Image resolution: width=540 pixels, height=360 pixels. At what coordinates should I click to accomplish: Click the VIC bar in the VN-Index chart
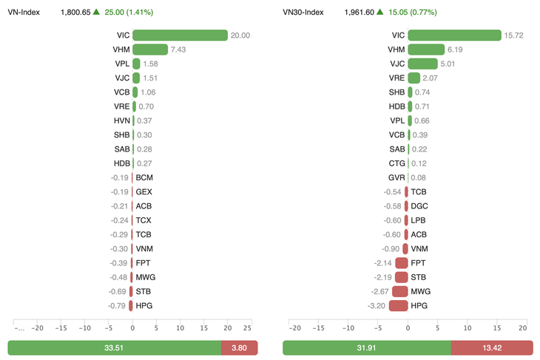point(180,35)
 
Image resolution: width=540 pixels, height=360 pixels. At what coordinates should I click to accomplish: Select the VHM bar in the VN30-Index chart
point(426,50)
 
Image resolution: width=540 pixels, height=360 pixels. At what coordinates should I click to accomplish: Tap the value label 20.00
point(240,35)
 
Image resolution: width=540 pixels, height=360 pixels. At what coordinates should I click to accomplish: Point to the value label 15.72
point(514,35)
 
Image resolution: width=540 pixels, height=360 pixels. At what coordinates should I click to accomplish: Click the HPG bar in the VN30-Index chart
point(399,305)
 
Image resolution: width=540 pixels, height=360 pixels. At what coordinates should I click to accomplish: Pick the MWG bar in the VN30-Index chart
point(400,291)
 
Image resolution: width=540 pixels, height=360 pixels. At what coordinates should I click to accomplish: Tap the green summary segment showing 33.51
point(114,347)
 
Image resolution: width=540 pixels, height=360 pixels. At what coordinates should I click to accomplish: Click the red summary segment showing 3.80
point(239,347)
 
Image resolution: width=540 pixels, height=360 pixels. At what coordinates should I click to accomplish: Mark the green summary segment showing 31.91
point(367,347)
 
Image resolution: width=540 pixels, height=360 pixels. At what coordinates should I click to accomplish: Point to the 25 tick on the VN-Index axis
point(248,328)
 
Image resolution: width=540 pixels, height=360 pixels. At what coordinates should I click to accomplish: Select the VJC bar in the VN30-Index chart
point(422,64)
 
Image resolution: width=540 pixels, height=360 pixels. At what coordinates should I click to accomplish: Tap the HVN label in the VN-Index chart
point(122,120)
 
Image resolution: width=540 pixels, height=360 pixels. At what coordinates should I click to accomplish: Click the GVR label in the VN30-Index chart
point(396,177)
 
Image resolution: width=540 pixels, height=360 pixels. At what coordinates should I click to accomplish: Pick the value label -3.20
point(377,305)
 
